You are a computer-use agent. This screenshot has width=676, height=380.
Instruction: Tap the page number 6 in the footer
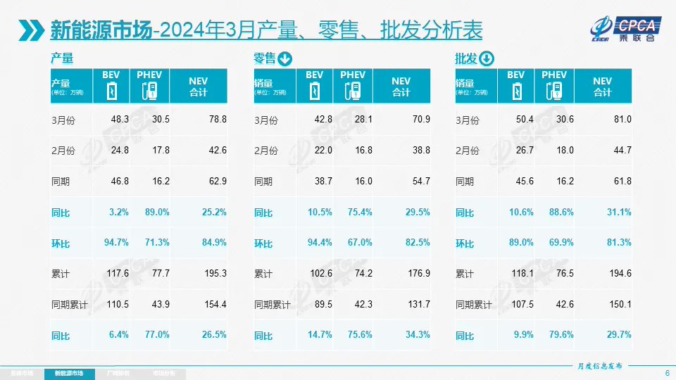666,372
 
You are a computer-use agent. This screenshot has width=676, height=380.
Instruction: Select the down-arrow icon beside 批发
487,59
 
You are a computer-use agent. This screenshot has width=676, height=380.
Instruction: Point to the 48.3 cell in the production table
120,120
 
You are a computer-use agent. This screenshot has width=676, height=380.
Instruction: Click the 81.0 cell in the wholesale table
620,120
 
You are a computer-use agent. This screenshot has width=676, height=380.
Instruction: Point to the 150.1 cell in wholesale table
619,305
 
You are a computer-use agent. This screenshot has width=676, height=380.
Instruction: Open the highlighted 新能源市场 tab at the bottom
68,372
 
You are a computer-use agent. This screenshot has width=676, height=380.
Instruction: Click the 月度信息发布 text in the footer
599,365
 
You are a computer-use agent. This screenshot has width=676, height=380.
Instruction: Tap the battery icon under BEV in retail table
315,91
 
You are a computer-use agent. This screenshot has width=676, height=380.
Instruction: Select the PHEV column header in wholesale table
554,75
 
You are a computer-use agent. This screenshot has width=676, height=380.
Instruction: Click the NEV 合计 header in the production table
198,87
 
